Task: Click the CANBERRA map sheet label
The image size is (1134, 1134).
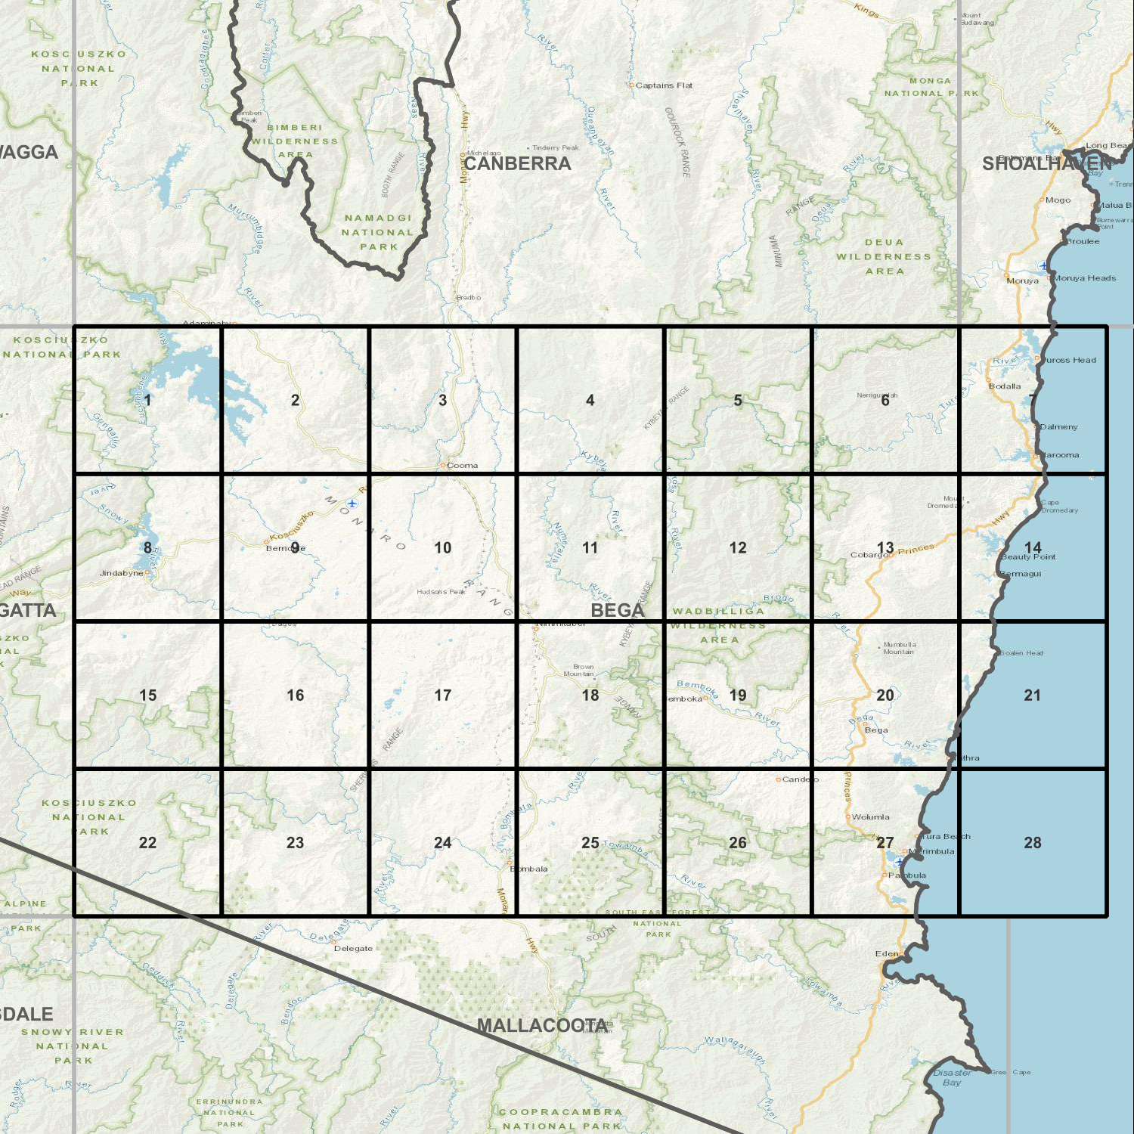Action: click(x=517, y=163)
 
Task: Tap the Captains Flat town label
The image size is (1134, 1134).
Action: click(x=663, y=85)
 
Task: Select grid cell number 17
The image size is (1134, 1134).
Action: click(x=443, y=695)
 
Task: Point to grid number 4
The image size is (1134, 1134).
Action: click(x=590, y=400)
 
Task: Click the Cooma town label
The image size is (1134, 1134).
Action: click(x=462, y=466)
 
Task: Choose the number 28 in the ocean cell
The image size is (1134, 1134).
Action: click(x=1033, y=842)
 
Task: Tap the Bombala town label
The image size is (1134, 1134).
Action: click(x=529, y=869)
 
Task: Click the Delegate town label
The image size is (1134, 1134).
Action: click(x=353, y=948)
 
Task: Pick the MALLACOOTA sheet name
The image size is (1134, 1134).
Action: click(x=543, y=1026)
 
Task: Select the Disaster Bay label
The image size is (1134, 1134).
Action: click(x=953, y=1077)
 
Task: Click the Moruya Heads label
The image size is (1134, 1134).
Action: click(x=1085, y=278)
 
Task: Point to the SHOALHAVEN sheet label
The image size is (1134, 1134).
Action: click(x=1047, y=163)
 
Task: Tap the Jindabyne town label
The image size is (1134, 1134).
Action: click(x=122, y=573)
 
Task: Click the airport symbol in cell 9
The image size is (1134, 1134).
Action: click(x=352, y=503)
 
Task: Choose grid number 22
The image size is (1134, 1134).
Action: click(x=148, y=842)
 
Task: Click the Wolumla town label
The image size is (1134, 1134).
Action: click(x=870, y=817)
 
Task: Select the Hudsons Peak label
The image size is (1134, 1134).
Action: click(x=441, y=592)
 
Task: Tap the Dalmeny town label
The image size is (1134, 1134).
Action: click(x=1058, y=427)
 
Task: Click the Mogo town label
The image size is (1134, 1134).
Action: click(x=1058, y=200)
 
